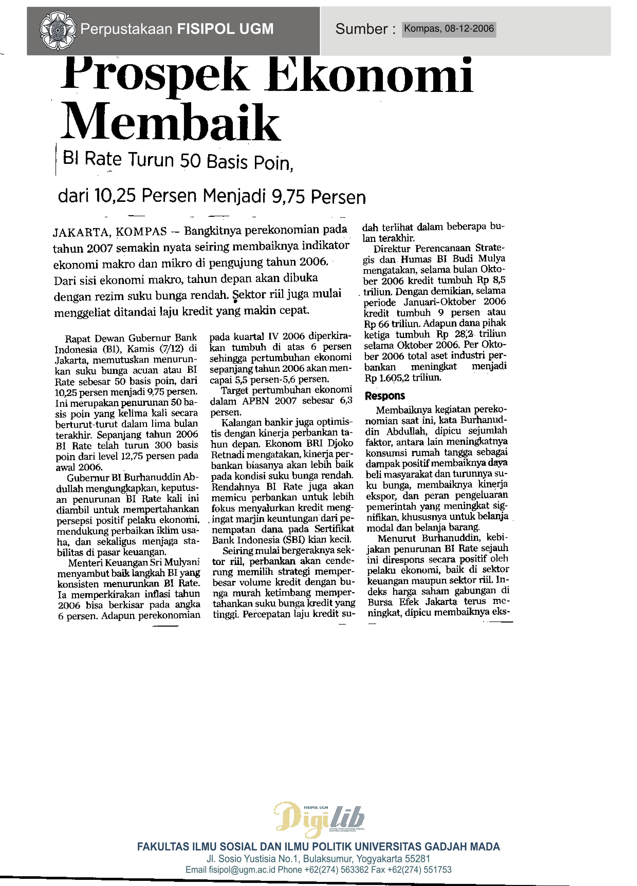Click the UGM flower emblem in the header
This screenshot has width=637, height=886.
[x=58, y=30]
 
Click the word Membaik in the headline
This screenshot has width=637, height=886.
[x=170, y=122]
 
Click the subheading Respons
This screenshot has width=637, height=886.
[x=385, y=396]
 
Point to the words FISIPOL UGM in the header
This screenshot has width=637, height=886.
[x=226, y=29]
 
